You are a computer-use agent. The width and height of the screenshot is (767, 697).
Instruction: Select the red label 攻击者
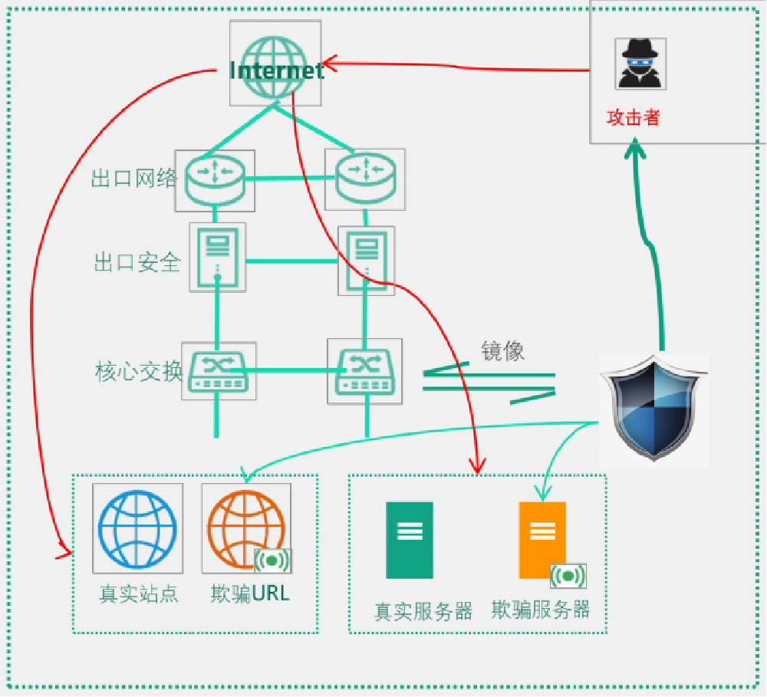pyautogui.click(x=633, y=117)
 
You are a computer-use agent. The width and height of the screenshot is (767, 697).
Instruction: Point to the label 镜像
pyautogui.click(x=502, y=350)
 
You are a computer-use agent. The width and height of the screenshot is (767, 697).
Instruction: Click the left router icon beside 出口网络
pyautogui.click(x=215, y=180)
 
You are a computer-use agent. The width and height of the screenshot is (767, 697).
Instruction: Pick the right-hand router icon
pyautogui.click(x=365, y=180)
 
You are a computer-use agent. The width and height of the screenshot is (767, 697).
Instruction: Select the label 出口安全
pyautogui.click(x=137, y=263)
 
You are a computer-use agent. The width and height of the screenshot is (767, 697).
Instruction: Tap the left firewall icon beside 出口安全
pyautogui.click(x=218, y=258)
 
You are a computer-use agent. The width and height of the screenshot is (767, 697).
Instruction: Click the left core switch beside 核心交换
pyautogui.click(x=219, y=371)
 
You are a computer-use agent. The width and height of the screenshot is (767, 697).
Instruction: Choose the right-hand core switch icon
pyautogui.click(x=365, y=371)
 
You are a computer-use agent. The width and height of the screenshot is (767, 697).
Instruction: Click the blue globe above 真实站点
pyautogui.click(x=138, y=528)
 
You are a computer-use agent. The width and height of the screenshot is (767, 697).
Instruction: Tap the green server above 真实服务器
pyautogui.click(x=409, y=540)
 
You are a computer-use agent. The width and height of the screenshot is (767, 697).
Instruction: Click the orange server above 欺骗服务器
pyautogui.click(x=542, y=540)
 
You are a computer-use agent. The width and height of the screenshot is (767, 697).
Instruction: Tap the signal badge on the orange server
pyautogui.click(x=568, y=576)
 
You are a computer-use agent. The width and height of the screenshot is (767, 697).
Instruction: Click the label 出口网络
pyautogui.click(x=134, y=179)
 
